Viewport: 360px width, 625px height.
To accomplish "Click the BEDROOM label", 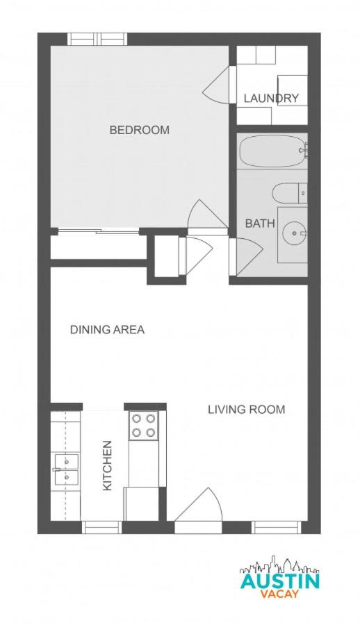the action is [x=139, y=130].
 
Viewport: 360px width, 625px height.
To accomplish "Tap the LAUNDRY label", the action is [x=272, y=98].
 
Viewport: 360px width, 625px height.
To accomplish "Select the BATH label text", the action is [x=260, y=223].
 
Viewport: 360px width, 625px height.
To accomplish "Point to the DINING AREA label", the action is [x=107, y=330].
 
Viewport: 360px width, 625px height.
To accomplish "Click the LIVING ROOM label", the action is [x=247, y=409].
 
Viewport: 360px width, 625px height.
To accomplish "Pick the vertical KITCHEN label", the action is [x=107, y=465].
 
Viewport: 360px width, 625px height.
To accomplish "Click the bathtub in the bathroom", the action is [x=273, y=151].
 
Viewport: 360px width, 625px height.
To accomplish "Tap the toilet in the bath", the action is [x=290, y=193].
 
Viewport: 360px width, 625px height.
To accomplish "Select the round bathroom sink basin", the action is [x=294, y=233].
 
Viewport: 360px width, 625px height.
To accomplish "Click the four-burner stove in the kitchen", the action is [x=143, y=425].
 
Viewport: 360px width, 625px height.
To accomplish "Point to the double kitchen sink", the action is [x=66, y=469].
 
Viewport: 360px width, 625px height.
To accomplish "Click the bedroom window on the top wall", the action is [x=97, y=39].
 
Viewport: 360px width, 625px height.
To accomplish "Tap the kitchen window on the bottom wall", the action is [x=101, y=527].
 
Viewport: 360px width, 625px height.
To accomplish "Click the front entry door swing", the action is [x=198, y=505].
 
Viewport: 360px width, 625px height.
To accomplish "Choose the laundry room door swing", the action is [x=217, y=85].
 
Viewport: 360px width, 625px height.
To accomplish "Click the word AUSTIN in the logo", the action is [x=280, y=581].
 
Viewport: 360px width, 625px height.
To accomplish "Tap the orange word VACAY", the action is [x=279, y=594].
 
